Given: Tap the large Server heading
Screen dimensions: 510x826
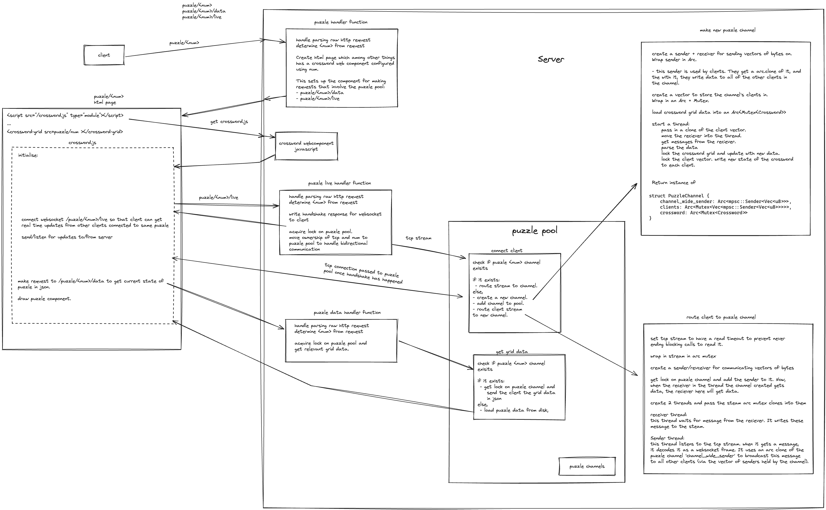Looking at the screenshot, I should click(x=551, y=59).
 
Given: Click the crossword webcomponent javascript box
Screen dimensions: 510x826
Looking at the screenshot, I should click(x=306, y=146).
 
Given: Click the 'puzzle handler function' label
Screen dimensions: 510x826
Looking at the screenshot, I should click(x=341, y=22).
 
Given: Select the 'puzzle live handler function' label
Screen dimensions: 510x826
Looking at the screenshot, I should click(x=339, y=183).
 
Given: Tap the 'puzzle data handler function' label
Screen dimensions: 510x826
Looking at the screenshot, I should click(x=347, y=313).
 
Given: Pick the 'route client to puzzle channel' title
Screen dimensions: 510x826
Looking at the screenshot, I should click(x=721, y=317).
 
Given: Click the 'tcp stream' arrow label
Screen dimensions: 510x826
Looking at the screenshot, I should click(x=418, y=238).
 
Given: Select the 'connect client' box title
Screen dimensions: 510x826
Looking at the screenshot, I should click(x=506, y=251).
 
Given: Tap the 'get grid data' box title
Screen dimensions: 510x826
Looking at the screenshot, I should click(x=512, y=352).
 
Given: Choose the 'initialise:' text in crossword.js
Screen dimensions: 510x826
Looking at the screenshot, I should click(x=28, y=155).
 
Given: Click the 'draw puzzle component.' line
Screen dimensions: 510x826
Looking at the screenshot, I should click(x=45, y=299).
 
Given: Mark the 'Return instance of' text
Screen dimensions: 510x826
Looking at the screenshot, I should click(x=673, y=183).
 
